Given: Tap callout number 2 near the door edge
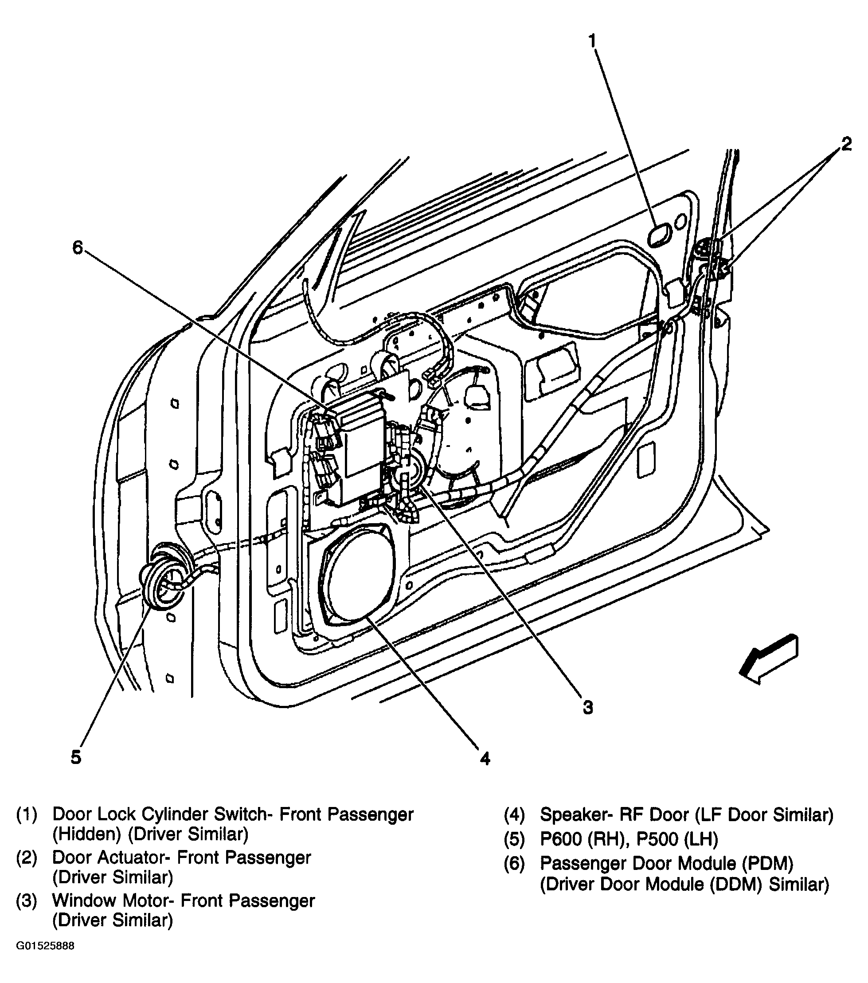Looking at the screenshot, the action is click(846, 143).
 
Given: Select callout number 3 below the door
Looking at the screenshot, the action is click(588, 708).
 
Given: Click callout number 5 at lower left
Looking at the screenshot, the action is click(76, 757).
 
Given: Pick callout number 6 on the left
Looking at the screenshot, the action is click(78, 248).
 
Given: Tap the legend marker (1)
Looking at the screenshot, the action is click(27, 815).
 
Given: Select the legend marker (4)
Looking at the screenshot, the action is click(514, 815).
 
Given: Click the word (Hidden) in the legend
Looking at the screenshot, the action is click(86, 834).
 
